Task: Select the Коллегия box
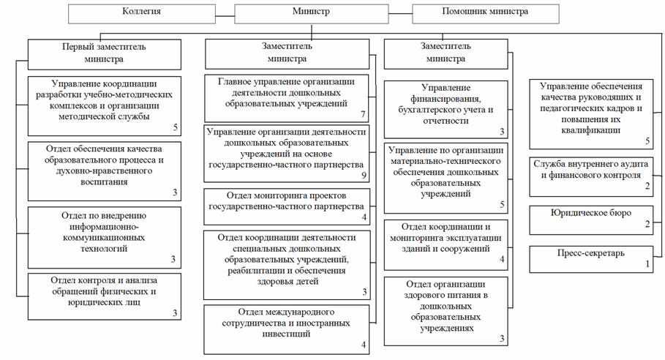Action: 142,12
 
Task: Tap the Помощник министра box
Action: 486,12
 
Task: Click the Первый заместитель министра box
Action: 104,53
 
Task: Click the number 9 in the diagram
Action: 363,176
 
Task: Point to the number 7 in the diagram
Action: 363,115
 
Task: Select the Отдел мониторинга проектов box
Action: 286,206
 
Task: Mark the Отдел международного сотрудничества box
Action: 286,325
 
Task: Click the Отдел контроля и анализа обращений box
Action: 104,295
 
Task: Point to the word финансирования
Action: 445,99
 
